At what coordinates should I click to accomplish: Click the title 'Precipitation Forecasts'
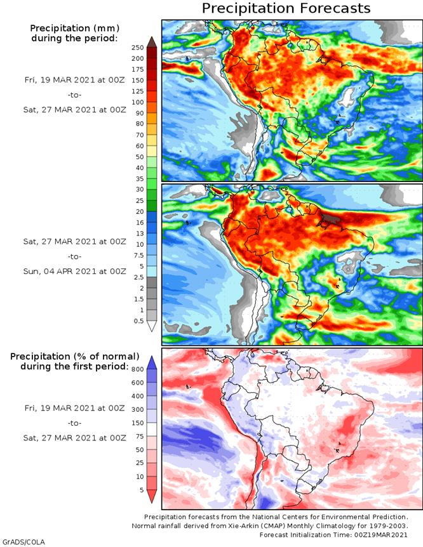286,9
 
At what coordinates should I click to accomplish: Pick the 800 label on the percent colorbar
137,369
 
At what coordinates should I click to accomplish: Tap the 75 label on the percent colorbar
139,437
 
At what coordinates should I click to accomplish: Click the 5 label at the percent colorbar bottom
141,490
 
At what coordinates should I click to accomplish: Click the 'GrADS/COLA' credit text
19,542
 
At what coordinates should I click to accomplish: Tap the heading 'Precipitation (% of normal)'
74,357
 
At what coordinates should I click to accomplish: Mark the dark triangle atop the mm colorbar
151,43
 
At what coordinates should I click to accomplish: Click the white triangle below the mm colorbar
151,326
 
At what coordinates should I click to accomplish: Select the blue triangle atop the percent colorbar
151,362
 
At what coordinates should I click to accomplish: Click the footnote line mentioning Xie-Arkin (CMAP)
270,526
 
